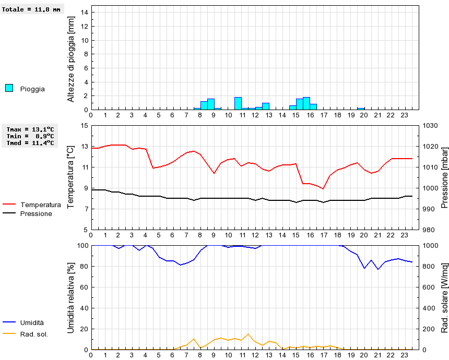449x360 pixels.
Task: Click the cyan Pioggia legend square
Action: (9, 88)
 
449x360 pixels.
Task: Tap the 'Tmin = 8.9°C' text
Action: (30, 136)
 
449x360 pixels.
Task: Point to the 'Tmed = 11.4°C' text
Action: (30, 142)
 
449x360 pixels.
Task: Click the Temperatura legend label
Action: (40, 205)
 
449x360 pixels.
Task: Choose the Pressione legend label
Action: (36, 213)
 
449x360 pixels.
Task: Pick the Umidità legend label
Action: (32, 323)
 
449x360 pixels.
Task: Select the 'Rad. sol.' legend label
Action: (34, 334)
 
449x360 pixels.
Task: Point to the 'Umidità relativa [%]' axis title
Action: (72, 297)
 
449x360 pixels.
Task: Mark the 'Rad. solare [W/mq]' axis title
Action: (444, 297)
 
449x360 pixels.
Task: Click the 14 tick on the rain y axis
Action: (85, 13)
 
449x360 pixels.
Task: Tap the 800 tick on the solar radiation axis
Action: (429, 266)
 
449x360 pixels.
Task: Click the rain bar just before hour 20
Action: (361, 109)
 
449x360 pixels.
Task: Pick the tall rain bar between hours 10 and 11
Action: (238, 103)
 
